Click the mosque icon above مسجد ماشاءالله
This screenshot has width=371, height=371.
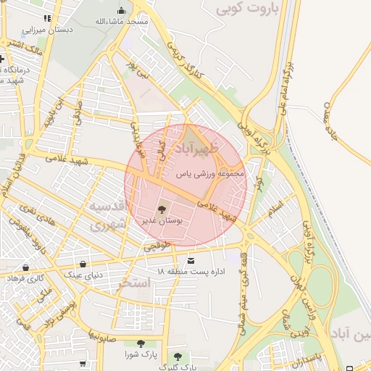(121, 11)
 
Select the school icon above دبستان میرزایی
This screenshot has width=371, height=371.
(48, 19)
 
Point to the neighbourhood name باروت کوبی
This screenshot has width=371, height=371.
(251, 9)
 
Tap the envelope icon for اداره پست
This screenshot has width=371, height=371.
(191, 261)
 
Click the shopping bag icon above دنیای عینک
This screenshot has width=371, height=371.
(85, 264)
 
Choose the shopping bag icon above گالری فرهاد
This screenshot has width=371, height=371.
(25, 267)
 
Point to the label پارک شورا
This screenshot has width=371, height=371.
(140, 354)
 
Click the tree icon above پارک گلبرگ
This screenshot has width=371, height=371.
(178, 357)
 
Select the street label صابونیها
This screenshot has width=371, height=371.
(94, 336)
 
